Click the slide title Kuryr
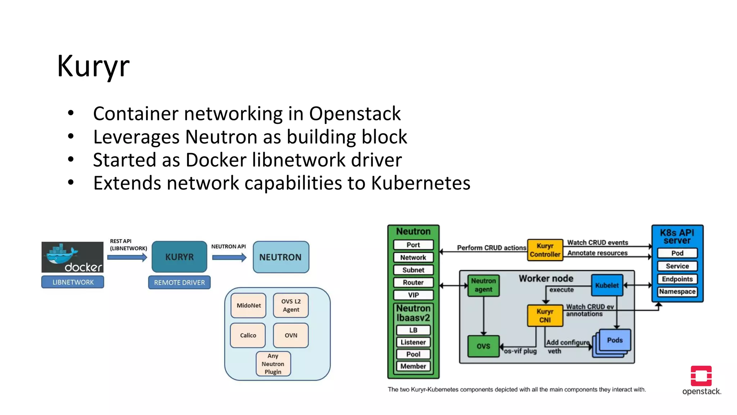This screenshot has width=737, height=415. pos(93,66)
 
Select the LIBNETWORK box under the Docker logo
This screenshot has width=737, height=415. pos(73,282)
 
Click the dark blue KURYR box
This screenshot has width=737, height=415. pos(179,257)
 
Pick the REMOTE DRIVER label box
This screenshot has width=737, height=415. pos(179,282)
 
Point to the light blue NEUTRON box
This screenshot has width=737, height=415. pos(281,257)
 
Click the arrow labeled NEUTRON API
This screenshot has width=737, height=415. pos(229,257)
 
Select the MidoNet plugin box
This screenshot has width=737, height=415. pos(249,305)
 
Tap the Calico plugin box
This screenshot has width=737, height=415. pos(248,335)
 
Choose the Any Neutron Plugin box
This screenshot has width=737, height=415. pos(273,364)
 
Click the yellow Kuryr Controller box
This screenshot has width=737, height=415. pos(545,250)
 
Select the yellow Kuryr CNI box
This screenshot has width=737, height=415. pos(545,316)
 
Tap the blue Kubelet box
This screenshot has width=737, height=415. pos(607,285)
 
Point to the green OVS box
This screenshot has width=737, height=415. pos(483,346)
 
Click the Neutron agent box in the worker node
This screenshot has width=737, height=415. pos(483,285)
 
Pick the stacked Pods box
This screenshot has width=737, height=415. pos(614,341)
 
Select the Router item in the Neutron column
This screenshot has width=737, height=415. pos(413,282)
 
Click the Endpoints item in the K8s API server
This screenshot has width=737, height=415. pos(677,279)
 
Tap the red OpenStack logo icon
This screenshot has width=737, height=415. pos(701,376)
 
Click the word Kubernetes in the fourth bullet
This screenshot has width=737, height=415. pos(420,183)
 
